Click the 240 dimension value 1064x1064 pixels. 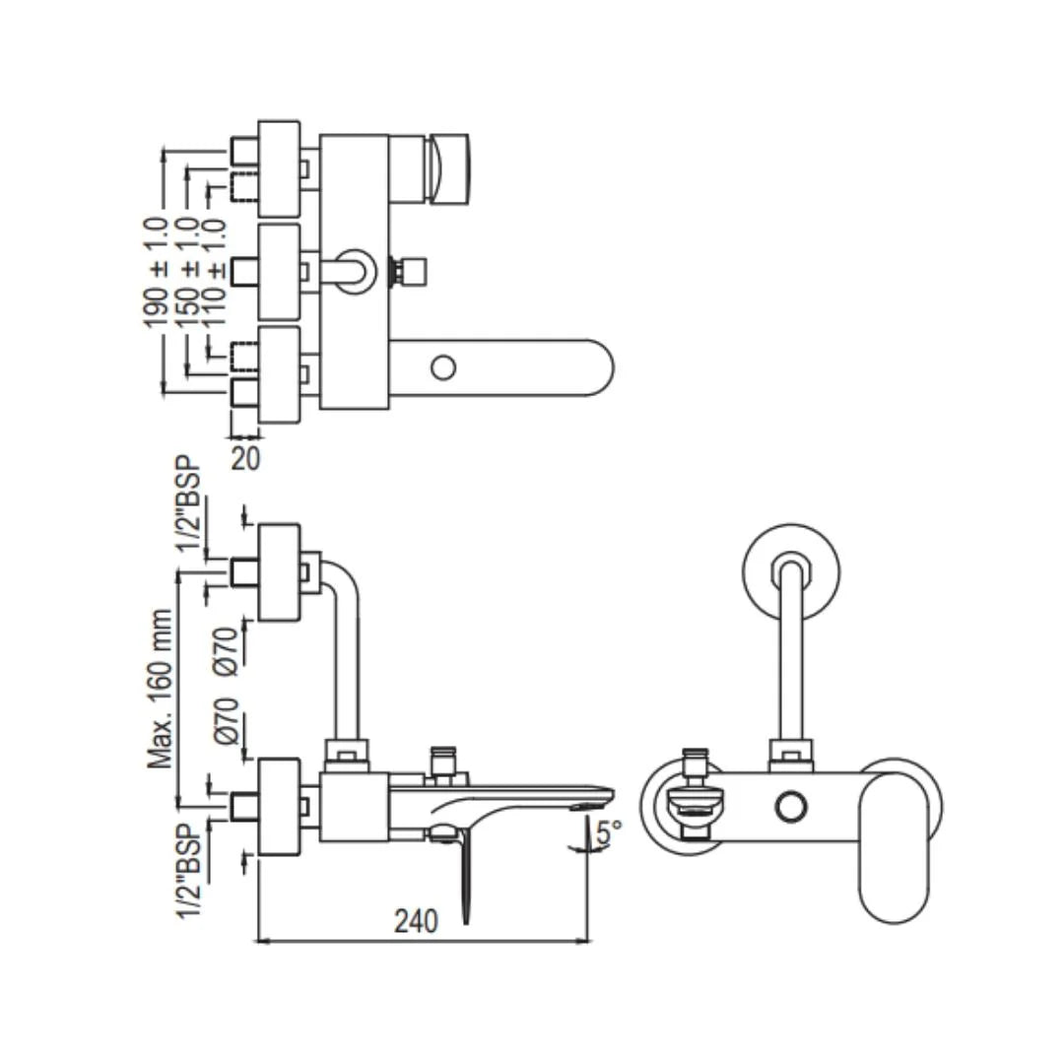tap(416, 921)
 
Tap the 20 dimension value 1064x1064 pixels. tap(246, 458)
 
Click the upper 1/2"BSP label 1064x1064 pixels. tap(189, 507)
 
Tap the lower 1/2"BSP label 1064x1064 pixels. tap(189, 868)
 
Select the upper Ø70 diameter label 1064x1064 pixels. tap(226, 650)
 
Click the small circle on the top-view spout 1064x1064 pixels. tap(443, 368)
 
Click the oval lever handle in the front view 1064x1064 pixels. tap(893, 845)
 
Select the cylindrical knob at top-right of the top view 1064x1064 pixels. tap(450, 168)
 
